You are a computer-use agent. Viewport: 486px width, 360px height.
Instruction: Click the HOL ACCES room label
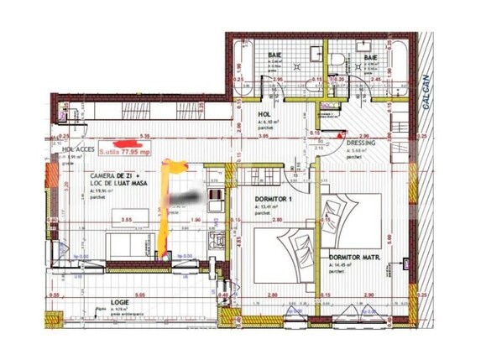[x=78, y=150]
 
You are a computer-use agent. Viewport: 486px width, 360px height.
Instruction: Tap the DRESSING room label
[x=363, y=143]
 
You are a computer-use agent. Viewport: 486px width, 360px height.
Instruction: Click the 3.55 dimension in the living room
[x=127, y=220]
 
